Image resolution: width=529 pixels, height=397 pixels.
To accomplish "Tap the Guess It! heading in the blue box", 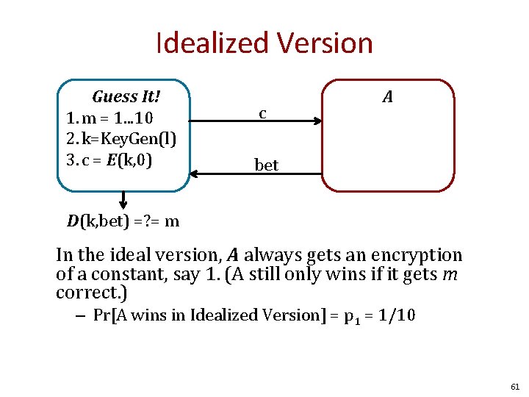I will (x=126, y=97).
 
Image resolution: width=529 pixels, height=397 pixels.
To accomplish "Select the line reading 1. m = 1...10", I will (x=109, y=118).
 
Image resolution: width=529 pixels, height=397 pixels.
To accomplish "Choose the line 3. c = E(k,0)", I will (x=109, y=158).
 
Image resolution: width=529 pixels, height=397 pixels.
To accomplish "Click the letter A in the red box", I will (x=387, y=96).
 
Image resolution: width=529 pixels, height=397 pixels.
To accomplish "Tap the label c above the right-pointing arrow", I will (x=262, y=114).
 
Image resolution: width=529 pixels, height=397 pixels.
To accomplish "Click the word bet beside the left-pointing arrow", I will (x=266, y=165).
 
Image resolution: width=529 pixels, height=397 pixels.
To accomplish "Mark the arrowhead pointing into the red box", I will (x=317, y=122).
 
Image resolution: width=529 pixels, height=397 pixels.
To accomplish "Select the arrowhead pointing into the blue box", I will (x=195, y=174).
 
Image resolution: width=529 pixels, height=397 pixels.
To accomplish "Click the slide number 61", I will (x=514, y=386).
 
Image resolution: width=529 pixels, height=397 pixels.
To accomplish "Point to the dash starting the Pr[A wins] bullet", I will (x=80, y=315).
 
